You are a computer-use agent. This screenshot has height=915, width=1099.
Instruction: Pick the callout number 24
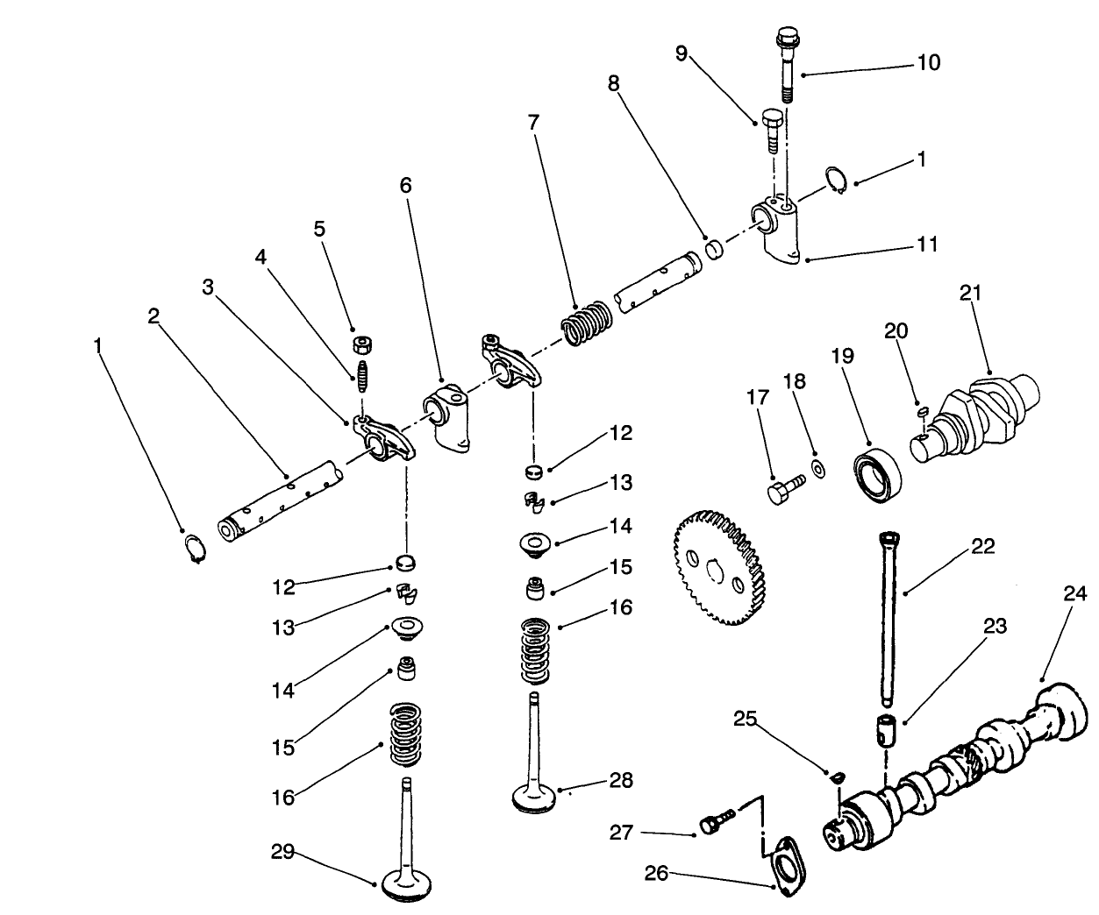click(x=1074, y=594)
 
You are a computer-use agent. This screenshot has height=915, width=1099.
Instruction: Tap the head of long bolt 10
click(x=786, y=39)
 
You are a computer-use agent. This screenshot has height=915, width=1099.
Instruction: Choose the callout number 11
click(x=926, y=244)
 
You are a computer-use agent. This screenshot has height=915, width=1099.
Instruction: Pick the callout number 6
click(x=404, y=186)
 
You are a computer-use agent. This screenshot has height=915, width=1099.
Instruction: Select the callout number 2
click(x=153, y=316)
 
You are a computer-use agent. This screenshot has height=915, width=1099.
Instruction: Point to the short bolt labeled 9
click(x=772, y=131)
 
